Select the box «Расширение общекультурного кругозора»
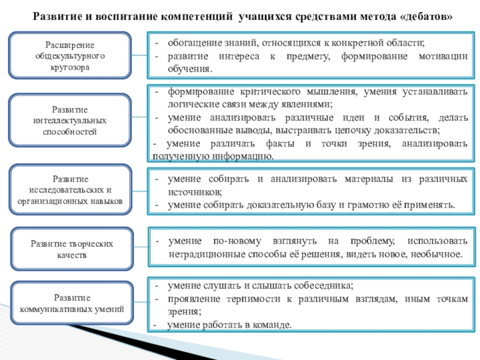(70, 55)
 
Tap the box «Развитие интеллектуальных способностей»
(70, 120)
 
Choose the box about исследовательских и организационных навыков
(70, 190)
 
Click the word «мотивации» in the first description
(441, 56)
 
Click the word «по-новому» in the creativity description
(238, 241)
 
